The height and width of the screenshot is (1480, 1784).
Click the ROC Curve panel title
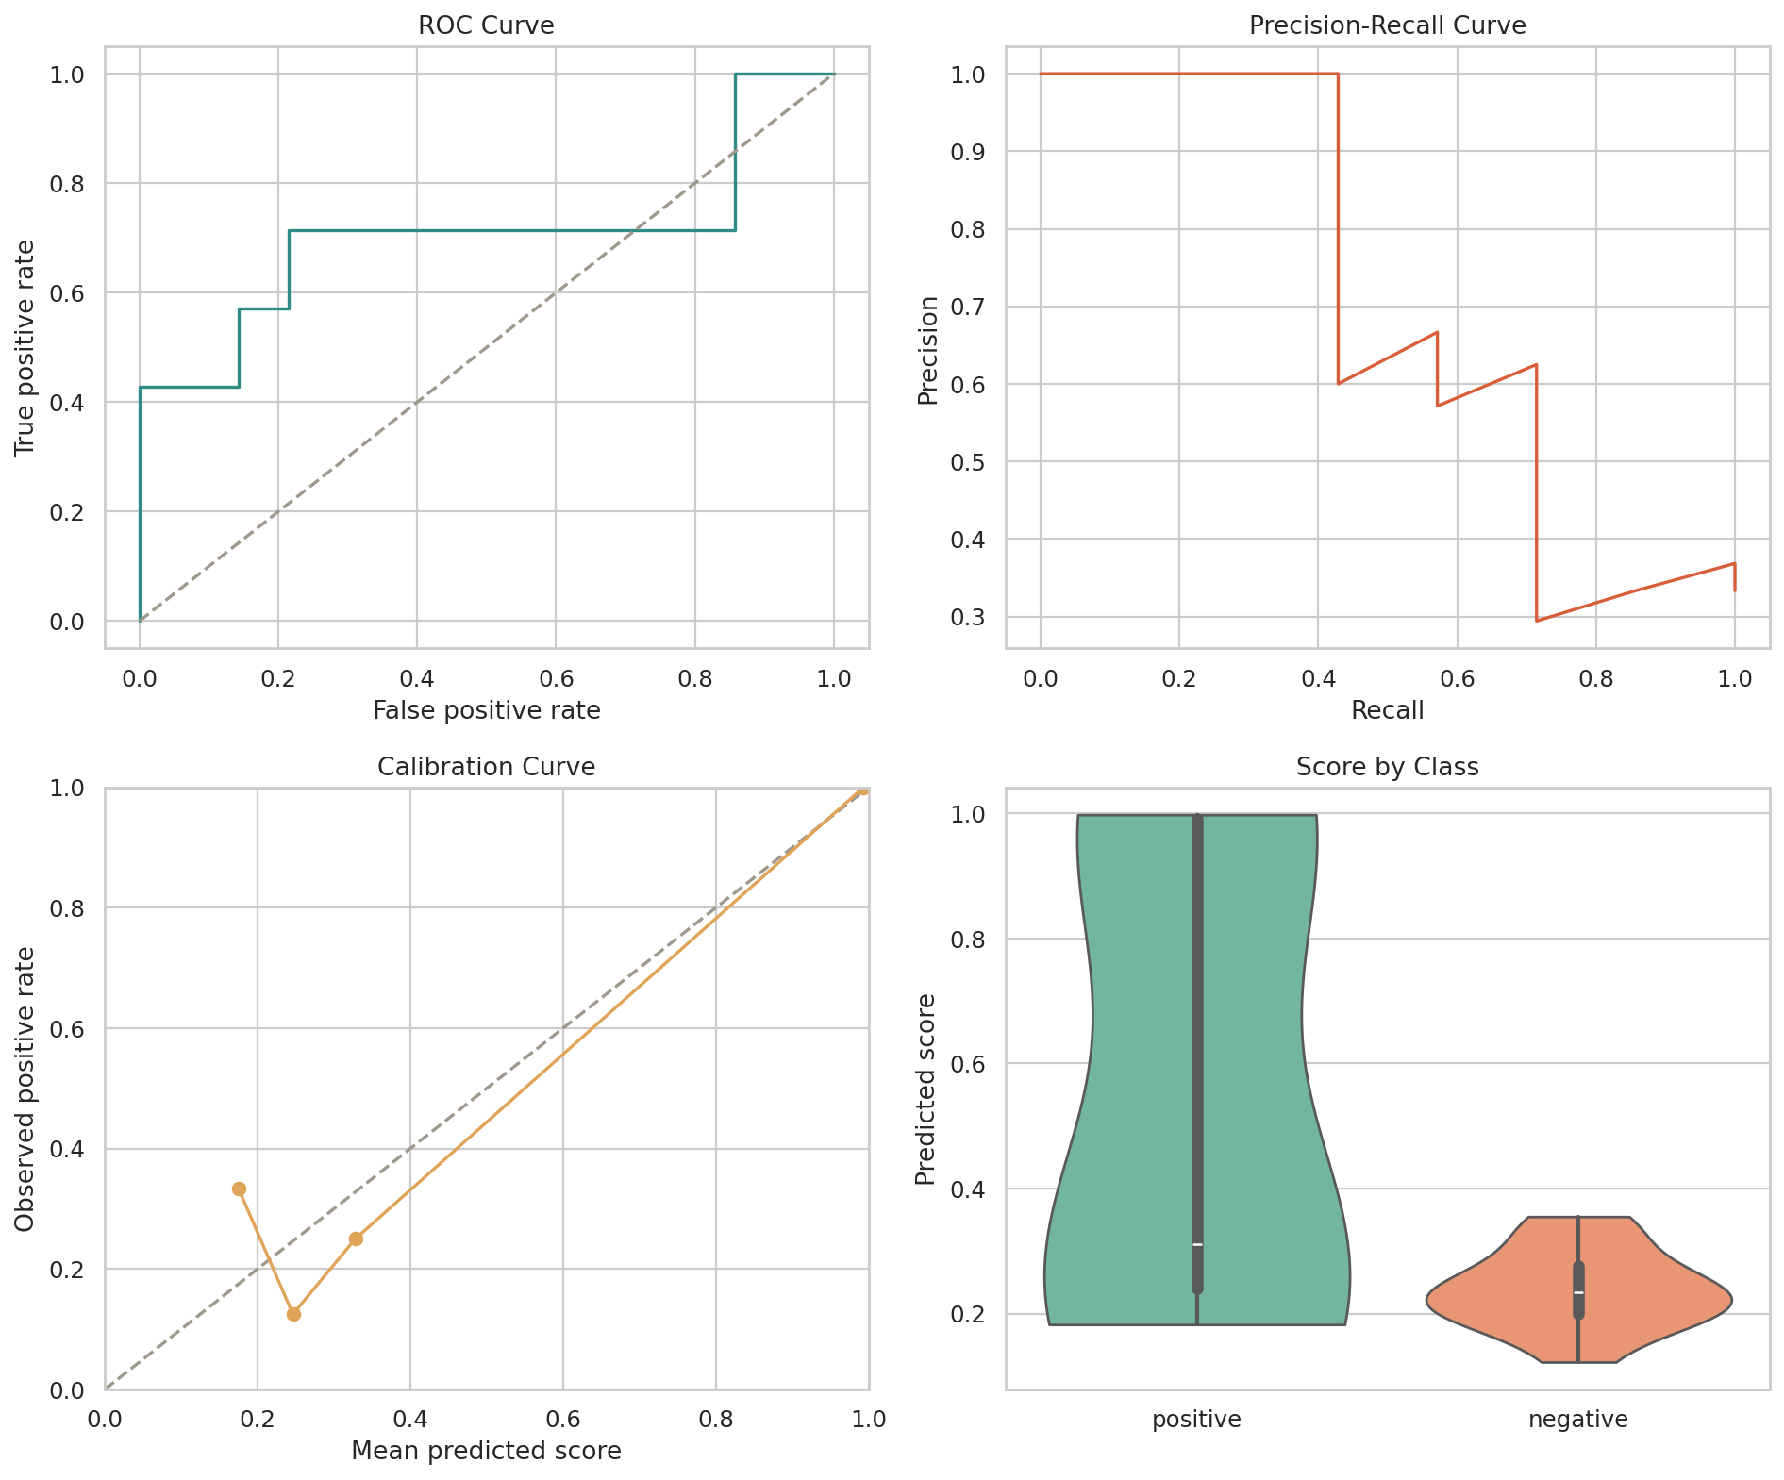[x=486, y=25]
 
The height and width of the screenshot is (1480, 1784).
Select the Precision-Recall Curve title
[x=1387, y=25]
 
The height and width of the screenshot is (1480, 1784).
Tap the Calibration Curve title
[x=486, y=767]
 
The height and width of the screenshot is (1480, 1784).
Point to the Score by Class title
[x=1387, y=767]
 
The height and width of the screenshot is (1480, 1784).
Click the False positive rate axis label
[x=486, y=710]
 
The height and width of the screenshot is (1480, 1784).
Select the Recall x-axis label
[x=1387, y=710]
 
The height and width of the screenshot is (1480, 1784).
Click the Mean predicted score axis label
[x=486, y=1451]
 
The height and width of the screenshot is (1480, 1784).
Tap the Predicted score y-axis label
[x=926, y=1089]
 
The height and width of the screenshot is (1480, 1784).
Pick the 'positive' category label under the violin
[x=1196, y=1419]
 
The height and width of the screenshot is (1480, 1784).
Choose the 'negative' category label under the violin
[x=1578, y=1419]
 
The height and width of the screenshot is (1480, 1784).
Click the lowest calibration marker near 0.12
[x=293, y=1314]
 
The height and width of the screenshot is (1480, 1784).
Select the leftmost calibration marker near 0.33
[x=239, y=1189]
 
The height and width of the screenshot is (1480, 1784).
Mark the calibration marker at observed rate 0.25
[x=356, y=1239]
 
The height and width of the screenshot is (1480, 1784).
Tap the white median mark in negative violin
[x=1578, y=1292]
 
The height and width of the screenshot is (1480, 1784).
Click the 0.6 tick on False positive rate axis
[x=556, y=677]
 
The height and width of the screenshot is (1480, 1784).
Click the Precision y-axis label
[x=929, y=350]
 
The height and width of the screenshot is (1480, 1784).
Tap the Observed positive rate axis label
[x=25, y=1089]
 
